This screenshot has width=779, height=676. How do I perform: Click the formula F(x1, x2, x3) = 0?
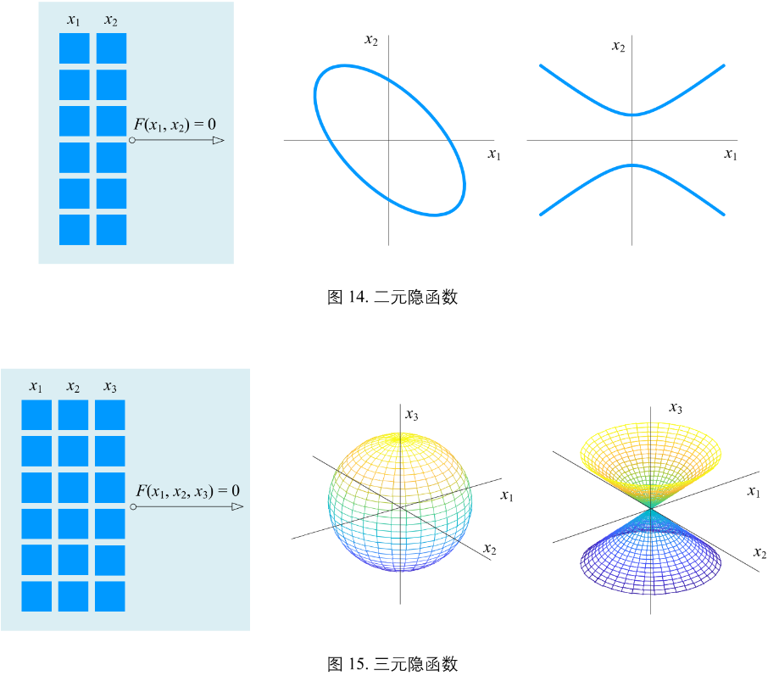point(187,491)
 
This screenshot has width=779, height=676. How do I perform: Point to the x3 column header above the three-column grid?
point(110,388)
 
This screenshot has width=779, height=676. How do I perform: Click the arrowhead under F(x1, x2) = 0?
point(218,140)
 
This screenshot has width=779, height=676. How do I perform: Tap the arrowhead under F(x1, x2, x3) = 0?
point(237,507)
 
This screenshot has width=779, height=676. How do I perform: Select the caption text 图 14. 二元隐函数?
point(392,297)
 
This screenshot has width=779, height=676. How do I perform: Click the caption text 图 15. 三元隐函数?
point(392,663)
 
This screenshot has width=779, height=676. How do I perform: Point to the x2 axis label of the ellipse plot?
point(370,40)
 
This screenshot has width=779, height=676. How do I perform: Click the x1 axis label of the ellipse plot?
point(494,154)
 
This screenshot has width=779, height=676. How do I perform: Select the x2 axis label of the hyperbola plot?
point(619,46)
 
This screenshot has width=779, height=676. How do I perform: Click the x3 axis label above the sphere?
point(412,414)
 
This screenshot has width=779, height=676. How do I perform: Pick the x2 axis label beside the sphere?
point(490,548)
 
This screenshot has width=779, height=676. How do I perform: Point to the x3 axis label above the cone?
point(676,409)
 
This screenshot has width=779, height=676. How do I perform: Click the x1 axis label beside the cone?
point(753,492)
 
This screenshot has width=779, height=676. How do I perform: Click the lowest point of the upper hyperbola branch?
point(632,115)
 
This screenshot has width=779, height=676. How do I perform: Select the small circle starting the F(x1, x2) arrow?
point(132,141)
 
